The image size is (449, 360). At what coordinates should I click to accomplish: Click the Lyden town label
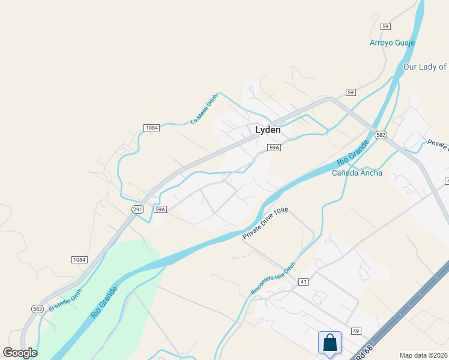click(268, 130)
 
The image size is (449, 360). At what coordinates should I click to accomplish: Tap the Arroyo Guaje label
click(392, 43)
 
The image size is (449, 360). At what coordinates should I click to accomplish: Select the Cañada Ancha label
click(357, 173)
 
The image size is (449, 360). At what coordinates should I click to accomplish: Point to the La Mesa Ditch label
click(204, 110)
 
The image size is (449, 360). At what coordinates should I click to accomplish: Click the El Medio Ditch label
click(65, 299)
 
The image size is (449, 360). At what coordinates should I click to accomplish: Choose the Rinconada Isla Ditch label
click(273, 278)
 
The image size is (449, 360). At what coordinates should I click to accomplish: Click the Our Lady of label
click(425, 67)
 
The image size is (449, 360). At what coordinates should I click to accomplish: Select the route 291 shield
click(138, 209)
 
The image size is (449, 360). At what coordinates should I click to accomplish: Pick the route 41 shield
click(303, 281)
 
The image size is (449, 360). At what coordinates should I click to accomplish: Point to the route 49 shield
click(356, 331)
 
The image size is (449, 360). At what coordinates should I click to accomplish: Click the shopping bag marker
click(330, 343)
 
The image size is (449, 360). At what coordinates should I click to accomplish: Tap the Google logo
click(20, 352)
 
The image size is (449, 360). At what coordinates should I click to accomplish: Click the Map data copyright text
click(424, 355)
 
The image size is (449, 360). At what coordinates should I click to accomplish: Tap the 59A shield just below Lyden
click(274, 147)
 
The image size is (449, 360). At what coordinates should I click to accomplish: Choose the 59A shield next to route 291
click(160, 209)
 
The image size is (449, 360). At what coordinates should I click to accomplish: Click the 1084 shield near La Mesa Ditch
click(151, 128)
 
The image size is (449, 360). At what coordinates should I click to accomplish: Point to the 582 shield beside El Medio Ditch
click(38, 308)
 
